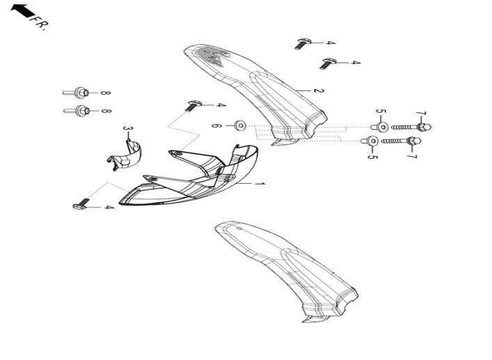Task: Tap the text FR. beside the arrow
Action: (x=40, y=23)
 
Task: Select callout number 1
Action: (x=259, y=184)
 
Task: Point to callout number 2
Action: (x=318, y=91)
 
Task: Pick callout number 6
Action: (x=215, y=125)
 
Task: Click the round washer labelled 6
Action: (x=240, y=125)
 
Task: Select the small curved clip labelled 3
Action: (x=125, y=155)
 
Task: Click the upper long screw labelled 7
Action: (x=411, y=127)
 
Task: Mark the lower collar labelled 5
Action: (x=370, y=141)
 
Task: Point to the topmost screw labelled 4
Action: (x=303, y=44)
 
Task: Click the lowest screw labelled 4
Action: (x=81, y=204)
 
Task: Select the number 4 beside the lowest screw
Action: (x=109, y=208)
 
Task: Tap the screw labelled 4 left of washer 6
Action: (x=193, y=105)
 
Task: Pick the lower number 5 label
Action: (x=372, y=156)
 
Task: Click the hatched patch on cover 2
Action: (x=214, y=56)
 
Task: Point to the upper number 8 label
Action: (x=106, y=93)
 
